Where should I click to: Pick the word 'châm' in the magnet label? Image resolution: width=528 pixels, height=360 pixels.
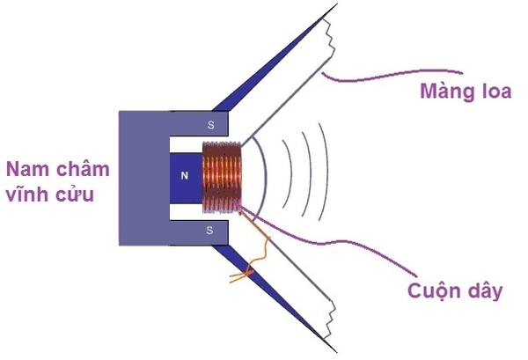75,169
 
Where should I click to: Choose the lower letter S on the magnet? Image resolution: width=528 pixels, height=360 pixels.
209,230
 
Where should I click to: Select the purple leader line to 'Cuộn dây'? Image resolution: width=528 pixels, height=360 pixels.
343,251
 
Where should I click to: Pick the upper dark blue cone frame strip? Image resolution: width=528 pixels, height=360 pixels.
273,62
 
